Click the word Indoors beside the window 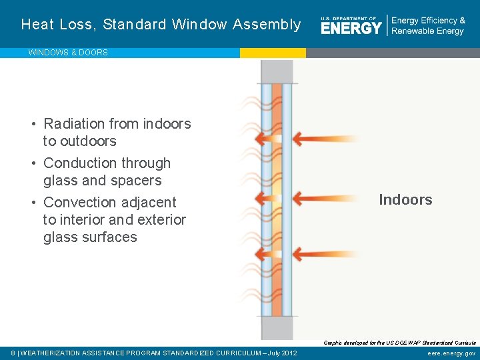point(405,199)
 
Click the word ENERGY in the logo point(351,27)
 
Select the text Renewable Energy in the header point(427,31)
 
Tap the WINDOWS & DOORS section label point(68,53)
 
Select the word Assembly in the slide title point(267,25)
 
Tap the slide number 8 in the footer point(13,353)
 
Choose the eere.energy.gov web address point(451,353)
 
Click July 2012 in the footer point(280,353)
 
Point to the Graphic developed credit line point(399,343)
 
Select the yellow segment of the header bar point(273,53)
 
